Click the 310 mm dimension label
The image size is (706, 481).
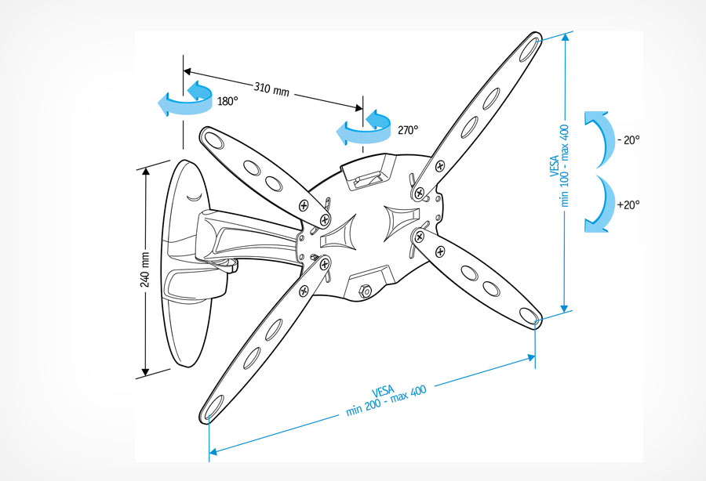click(x=271, y=89)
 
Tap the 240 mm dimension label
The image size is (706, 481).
click(x=145, y=269)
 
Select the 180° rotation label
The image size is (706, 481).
click(x=227, y=101)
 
